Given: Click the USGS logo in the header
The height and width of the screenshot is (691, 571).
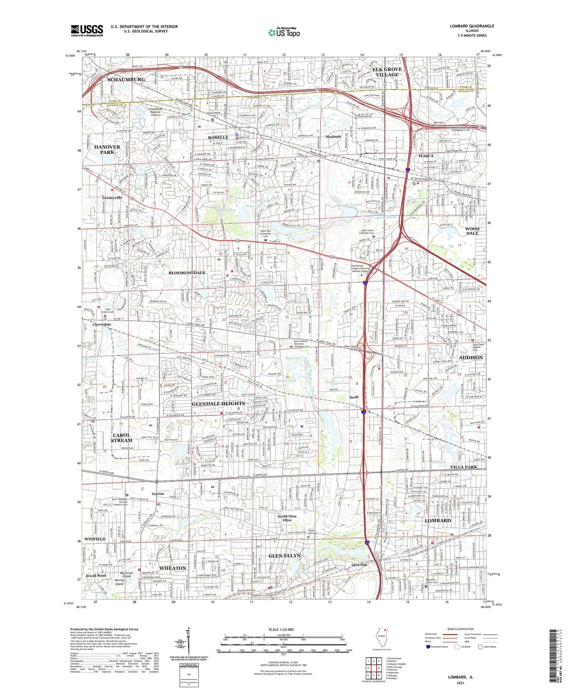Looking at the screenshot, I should [x=87, y=30].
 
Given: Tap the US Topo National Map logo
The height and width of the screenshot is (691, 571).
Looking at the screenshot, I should [x=284, y=32].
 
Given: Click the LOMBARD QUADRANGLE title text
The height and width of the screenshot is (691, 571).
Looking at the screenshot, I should [x=472, y=26].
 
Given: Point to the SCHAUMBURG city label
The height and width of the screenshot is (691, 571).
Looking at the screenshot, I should [x=126, y=79].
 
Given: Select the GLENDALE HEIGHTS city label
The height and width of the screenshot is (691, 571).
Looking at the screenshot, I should [x=218, y=404].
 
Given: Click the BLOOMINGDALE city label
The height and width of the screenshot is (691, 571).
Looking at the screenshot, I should [x=187, y=273].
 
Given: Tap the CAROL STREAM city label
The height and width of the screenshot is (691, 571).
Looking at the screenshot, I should [x=122, y=438].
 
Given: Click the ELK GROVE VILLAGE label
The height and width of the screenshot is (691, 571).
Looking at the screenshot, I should [x=387, y=72].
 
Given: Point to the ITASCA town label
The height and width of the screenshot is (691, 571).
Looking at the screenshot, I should [x=426, y=156].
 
